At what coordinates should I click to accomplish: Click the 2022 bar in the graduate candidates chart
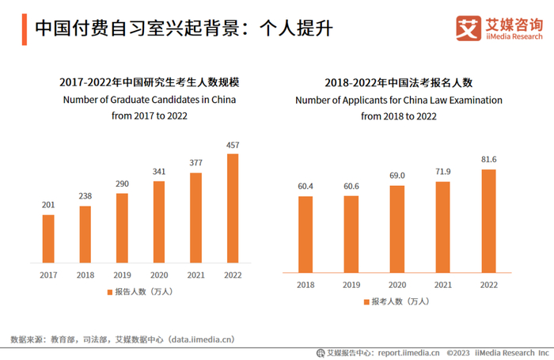click(x=233, y=207)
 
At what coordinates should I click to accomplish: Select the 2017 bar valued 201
click(x=49, y=238)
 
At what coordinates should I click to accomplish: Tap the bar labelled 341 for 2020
click(x=159, y=222)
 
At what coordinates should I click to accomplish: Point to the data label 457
click(x=233, y=145)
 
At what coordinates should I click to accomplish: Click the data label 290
click(x=122, y=184)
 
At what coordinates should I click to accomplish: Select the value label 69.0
click(x=397, y=176)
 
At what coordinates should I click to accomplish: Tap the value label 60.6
click(x=351, y=186)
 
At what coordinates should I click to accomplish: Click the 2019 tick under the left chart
click(x=122, y=274)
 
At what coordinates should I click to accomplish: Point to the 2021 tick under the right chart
click(x=442, y=283)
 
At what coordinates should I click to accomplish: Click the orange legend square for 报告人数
click(x=109, y=292)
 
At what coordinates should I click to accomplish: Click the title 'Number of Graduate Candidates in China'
click(x=149, y=100)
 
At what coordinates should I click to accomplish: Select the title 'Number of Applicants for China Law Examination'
click(x=399, y=100)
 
